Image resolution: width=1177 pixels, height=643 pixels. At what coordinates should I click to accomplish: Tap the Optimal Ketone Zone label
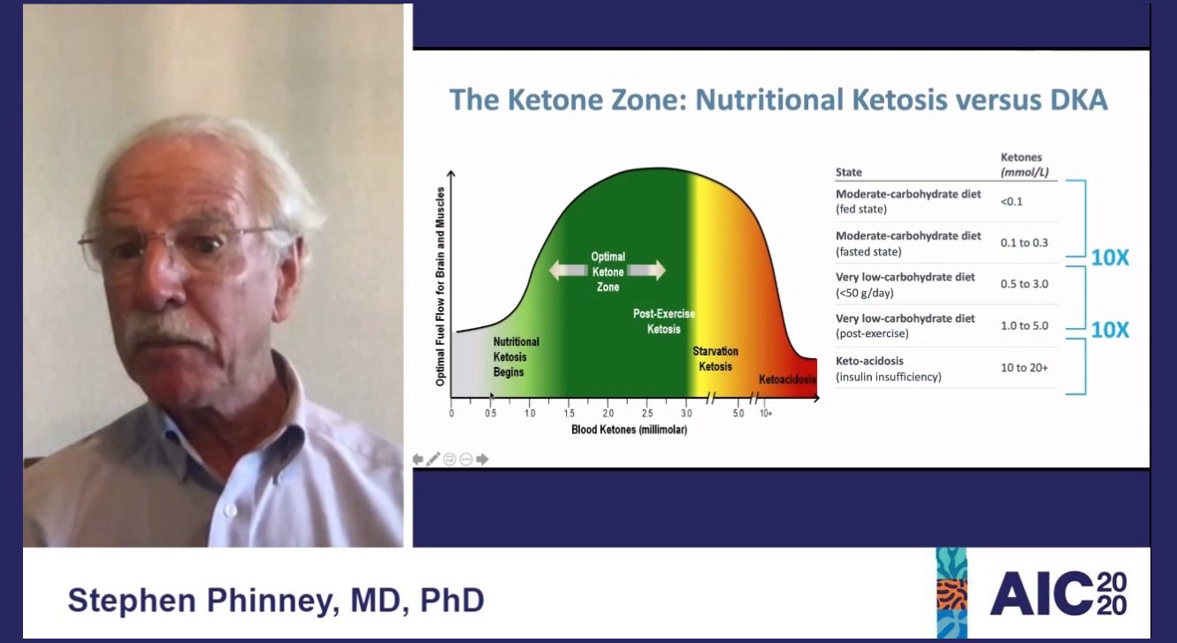pyautogui.click(x=607, y=272)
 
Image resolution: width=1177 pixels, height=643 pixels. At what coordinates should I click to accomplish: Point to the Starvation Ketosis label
pyautogui.click(x=715, y=358)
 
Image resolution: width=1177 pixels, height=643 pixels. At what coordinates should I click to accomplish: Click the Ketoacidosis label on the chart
pyautogui.click(x=786, y=379)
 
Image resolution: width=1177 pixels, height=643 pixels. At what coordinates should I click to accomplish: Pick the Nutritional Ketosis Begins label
pyautogui.click(x=516, y=356)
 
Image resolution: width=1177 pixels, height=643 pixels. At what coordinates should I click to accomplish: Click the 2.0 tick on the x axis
pyautogui.click(x=608, y=413)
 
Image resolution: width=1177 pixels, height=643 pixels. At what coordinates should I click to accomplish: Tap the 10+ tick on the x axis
pyautogui.click(x=765, y=413)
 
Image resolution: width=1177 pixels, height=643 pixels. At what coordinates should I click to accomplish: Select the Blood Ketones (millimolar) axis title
pyautogui.click(x=629, y=430)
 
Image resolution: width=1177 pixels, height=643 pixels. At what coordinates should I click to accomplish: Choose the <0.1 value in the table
pyautogui.click(x=1012, y=202)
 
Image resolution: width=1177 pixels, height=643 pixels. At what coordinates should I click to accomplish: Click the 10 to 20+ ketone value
pyautogui.click(x=1024, y=367)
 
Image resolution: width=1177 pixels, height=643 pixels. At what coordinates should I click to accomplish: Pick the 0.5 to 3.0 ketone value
pyautogui.click(x=1024, y=285)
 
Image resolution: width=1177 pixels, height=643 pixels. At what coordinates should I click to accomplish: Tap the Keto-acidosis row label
pyautogui.click(x=869, y=361)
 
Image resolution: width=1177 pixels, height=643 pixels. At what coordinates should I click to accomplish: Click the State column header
pyautogui.click(x=848, y=172)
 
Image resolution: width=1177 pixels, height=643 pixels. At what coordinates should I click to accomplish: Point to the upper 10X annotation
pyautogui.click(x=1110, y=258)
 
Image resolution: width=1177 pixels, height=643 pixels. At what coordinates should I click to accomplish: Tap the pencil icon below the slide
pyautogui.click(x=432, y=459)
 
